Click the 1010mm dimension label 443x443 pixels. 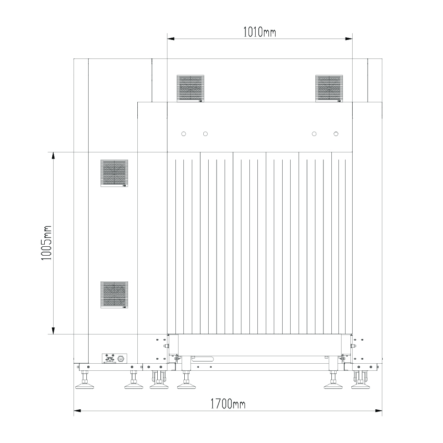(x=259, y=32)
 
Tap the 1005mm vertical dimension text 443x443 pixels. (x=47, y=243)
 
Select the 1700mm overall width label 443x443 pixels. (x=228, y=404)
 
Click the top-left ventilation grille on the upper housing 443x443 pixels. (x=190, y=89)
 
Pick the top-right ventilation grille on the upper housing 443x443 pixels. (x=329, y=89)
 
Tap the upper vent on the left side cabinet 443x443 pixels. (x=114, y=173)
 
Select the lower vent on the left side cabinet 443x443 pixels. (x=114, y=295)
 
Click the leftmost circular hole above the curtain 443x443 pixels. (x=184, y=134)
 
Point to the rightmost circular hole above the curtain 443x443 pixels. (x=336, y=134)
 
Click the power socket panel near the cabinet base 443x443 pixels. (x=114, y=358)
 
